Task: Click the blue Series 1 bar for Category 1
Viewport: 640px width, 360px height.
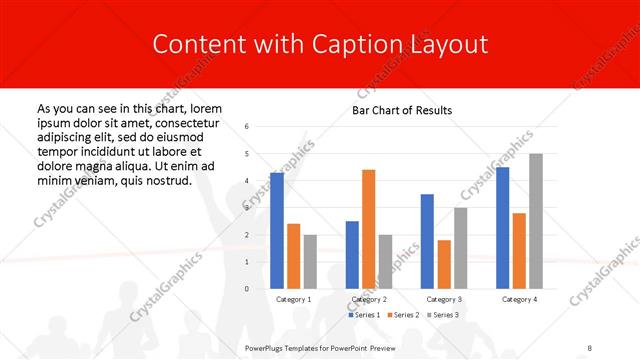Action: [277, 231]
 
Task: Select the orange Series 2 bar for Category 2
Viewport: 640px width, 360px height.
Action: [368, 229]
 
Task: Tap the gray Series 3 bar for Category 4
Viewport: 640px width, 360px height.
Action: [536, 221]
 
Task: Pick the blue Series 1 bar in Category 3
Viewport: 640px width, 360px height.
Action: [427, 241]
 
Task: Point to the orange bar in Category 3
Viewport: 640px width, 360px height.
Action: [444, 264]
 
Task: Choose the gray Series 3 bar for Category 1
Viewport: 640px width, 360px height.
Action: [310, 262]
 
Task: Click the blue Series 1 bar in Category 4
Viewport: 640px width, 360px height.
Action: [502, 228]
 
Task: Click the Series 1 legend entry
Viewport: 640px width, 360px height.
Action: [365, 315]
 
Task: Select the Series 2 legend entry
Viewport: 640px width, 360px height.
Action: [402, 315]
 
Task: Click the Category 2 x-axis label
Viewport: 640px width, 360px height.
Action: [369, 299]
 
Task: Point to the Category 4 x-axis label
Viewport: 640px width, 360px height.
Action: [519, 299]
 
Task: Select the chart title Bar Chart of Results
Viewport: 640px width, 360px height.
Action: [402, 110]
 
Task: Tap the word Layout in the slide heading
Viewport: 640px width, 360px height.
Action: [451, 44]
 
